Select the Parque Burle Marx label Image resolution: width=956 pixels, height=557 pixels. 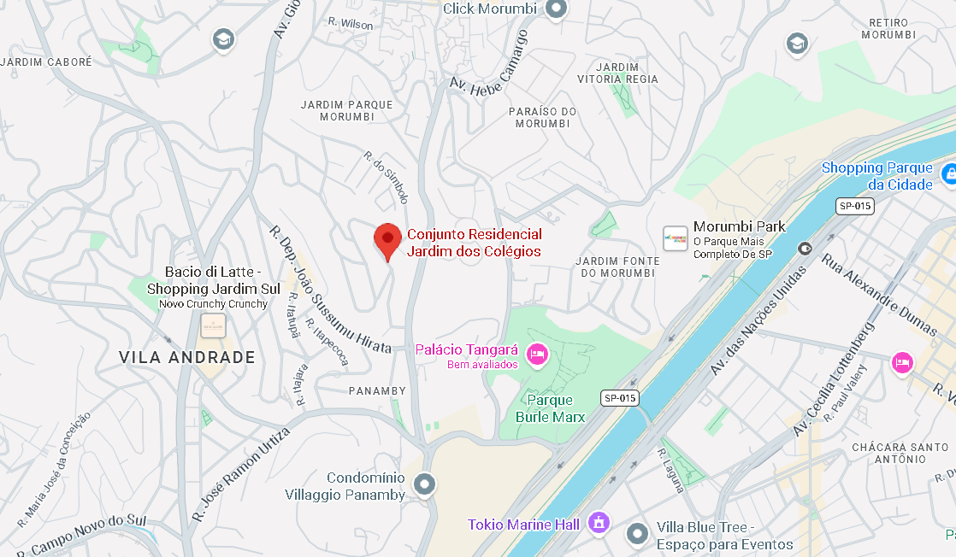click(550, 408)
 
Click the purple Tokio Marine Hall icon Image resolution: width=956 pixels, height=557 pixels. click(599, 522)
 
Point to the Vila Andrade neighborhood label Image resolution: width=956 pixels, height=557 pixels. click(186, 357)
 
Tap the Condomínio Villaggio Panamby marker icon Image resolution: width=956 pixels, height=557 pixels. click(424, 485)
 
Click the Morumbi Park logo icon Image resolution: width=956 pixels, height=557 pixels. click(675, 238)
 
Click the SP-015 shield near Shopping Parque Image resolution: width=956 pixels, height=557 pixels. click(854, 206)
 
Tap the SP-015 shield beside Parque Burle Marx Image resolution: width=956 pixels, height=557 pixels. click(620, 398)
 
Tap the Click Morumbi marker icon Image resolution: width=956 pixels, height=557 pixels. click(557, 9)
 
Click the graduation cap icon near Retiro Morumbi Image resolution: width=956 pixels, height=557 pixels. click(797, 43)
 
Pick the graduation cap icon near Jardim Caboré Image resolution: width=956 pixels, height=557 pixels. click(223, 38)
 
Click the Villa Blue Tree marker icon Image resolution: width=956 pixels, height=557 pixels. click(637, 535)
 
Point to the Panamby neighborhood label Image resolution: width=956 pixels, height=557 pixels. click(377, 390)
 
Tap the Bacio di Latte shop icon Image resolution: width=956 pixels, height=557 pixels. click(213, 325)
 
